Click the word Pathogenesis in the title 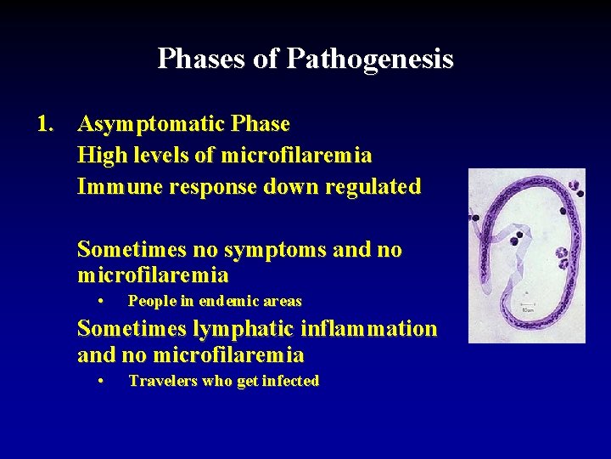(x=369, y=59)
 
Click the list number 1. (x=45, y=124)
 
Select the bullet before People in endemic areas (x=101, y=301)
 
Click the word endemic (x=221, y=301)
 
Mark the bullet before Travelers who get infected (x=101, y=381)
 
